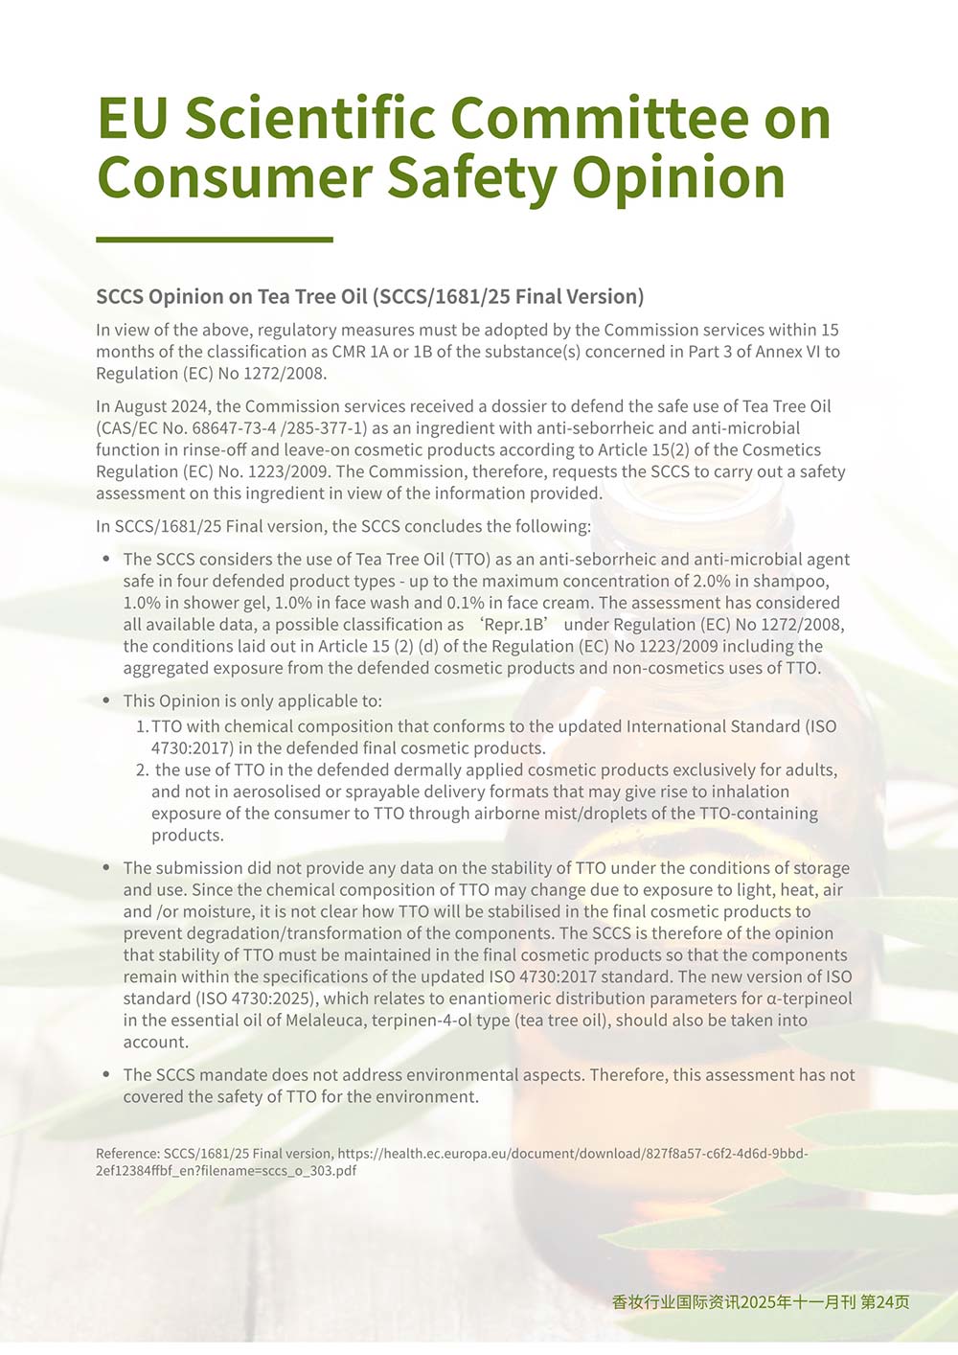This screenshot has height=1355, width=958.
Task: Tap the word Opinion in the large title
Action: click(x=678, y=178)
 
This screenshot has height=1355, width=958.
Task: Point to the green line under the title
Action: click(x=215, y=240)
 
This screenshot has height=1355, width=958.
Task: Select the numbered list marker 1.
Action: click(x=141, y=726)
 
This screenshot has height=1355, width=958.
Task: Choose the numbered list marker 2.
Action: click(x=142, y=769)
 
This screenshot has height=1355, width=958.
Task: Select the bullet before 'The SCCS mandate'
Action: click(x=106, y=1074)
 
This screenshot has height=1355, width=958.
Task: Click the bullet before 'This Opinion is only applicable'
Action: click(x=106, y=700)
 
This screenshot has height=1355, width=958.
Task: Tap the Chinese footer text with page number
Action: click(x=761, y=1301)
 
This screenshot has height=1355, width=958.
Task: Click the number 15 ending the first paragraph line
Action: click(x=830, y=330)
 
